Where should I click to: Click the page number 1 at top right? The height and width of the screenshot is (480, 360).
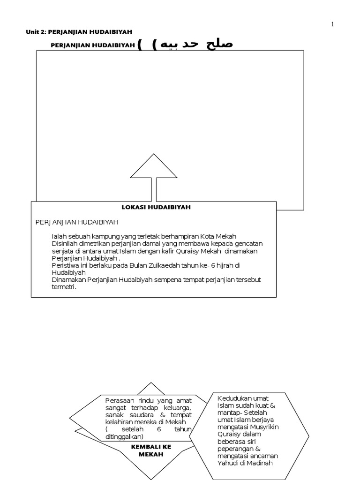(x=332, y=24)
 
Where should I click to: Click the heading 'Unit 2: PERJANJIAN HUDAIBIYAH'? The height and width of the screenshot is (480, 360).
(x=79, y=32)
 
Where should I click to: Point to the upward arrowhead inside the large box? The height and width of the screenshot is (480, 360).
(x=154, y=166)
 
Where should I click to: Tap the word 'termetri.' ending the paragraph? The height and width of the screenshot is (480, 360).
(x=64, y=287)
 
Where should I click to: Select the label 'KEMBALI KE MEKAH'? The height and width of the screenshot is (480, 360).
(x=151, y=450)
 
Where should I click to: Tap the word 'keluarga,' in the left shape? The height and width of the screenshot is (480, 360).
(x=178, y=408)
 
